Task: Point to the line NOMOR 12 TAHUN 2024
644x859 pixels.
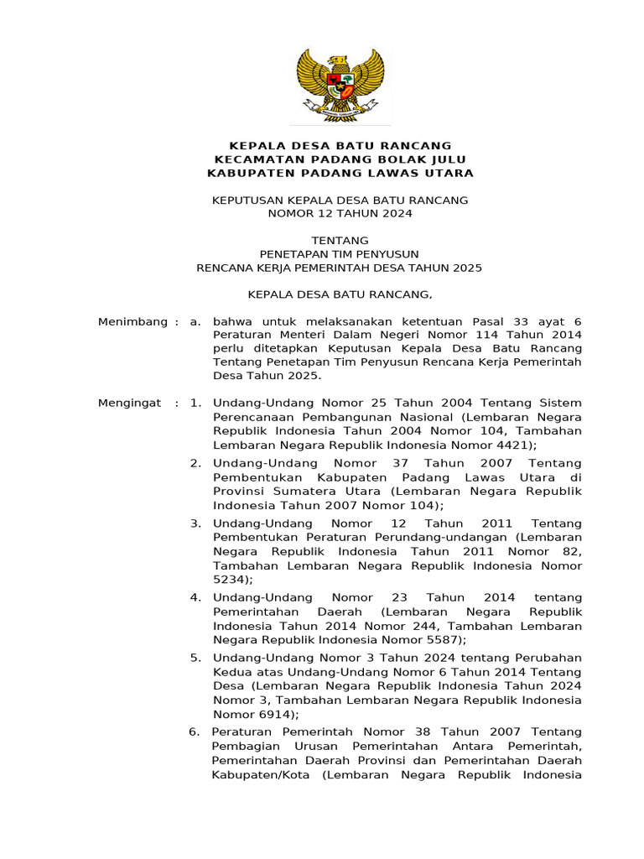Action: pyautogui.click(x=340, y=214)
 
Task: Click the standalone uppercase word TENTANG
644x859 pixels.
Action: pyautogui.click(x=340, y=241)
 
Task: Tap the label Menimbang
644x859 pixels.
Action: pyautogui.click(x=133, y=322)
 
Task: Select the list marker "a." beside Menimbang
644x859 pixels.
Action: pyautogui.click(x=196, y=322)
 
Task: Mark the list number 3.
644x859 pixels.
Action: pyautogui.click(x=195, y=523)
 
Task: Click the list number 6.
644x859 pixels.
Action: pyautogui.click(x=194, y=731)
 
